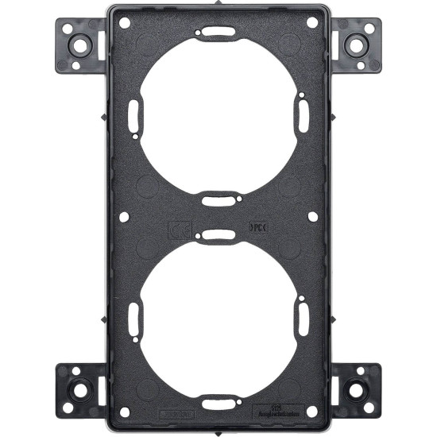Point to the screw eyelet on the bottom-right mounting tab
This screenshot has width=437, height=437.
[x=354, y=391]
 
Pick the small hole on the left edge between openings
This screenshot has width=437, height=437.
[x=124, y=215]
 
